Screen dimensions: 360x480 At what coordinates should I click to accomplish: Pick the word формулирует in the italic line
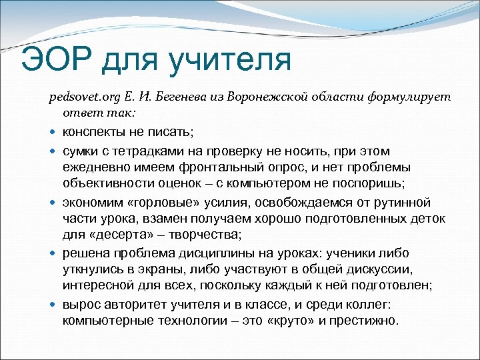click(x=409, y=97)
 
